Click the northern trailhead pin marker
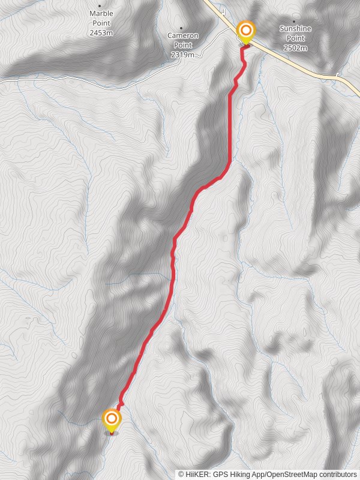pos(245,31)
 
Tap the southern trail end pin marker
pos(112,419)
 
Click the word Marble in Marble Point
pos(101,13)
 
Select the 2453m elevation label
pos(101,32)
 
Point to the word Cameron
pos(182,35)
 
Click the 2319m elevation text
pos(182,55)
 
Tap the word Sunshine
pos(296,28)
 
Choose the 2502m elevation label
pos(296,47)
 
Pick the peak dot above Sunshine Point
pos(294,21)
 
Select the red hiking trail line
pos(174,264)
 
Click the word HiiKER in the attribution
pos(197,475)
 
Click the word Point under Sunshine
pos(296,38)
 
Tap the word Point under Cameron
pos(182,45)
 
